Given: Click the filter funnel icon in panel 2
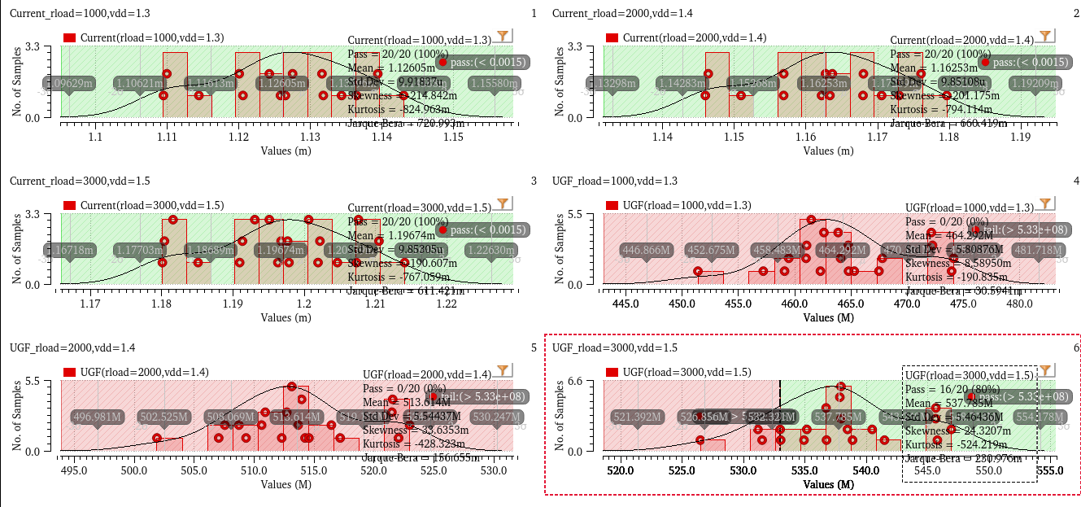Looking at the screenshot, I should point(1046,36).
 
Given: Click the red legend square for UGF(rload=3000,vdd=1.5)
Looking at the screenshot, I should point(612,372).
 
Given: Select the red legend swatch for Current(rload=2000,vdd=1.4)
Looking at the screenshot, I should point(612,38).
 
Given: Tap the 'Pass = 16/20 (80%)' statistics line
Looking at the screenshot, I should point(950,389).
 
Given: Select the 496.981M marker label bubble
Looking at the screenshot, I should point(98,417).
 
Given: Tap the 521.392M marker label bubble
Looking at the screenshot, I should point(635,417).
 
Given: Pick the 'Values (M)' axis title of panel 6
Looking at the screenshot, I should point(827,485).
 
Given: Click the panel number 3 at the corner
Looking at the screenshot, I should point(533,181).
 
